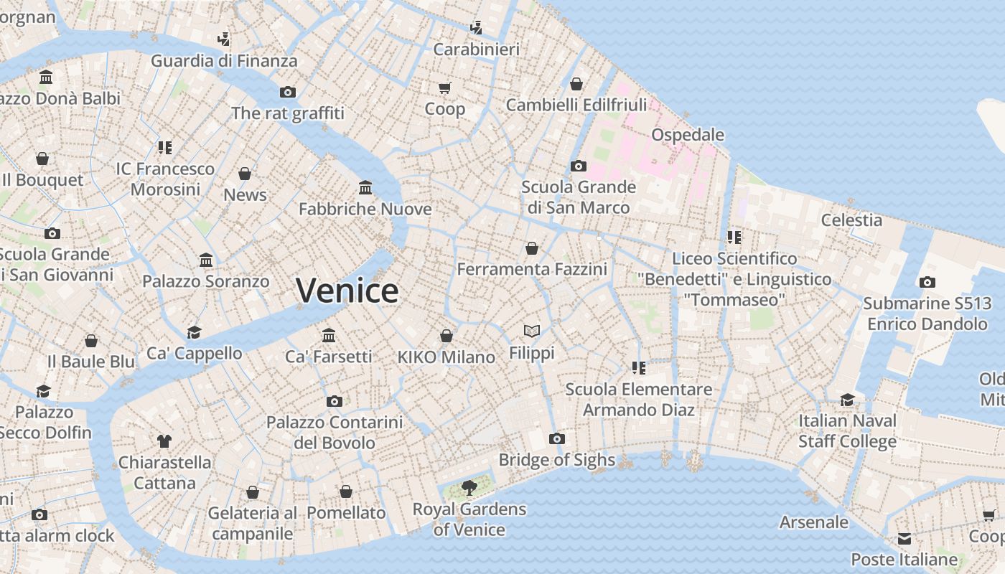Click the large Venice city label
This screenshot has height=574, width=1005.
(347, 291)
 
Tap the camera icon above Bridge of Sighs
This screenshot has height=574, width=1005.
(557, 438)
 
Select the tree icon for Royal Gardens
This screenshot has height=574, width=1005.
(469, 488)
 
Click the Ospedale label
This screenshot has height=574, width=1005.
(687, 135)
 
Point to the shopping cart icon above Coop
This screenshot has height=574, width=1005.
(445, 88)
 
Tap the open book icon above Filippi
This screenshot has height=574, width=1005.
(532, 331)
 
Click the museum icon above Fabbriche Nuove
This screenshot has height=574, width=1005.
(365, 187)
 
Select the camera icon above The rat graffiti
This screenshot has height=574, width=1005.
(288, 92)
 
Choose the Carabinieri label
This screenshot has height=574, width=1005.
(477, 50)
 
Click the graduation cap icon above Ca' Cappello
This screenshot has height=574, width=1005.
(194, 331)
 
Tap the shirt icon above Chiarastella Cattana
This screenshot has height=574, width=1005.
(164, 441)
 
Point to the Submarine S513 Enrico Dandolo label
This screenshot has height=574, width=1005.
(927, 314)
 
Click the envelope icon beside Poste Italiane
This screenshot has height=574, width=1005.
(904, 538)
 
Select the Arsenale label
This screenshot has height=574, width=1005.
(814, 522)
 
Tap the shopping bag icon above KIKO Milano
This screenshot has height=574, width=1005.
(447, 336)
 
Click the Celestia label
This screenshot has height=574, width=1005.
(851, 220)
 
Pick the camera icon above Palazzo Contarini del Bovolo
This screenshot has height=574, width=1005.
(335, 401)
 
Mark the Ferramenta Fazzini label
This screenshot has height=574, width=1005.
(532, 269)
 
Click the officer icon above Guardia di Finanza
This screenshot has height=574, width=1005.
(224, 39)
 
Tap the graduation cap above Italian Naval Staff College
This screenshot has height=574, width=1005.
(848, 400)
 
